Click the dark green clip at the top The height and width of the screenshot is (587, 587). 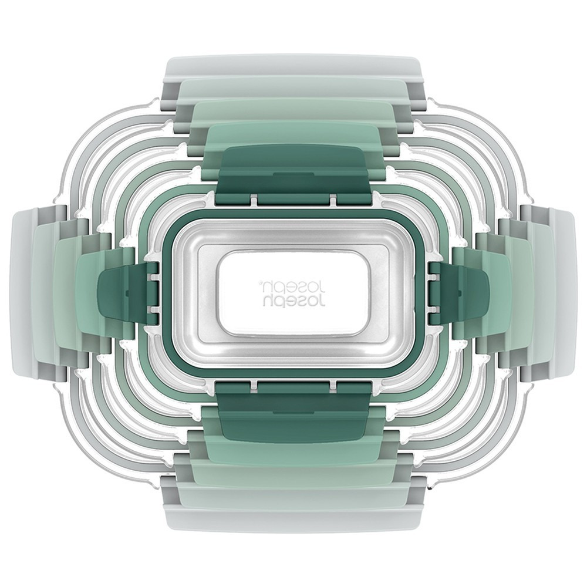tap(293, 170)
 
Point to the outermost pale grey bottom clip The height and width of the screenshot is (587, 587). tap(294, 518)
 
